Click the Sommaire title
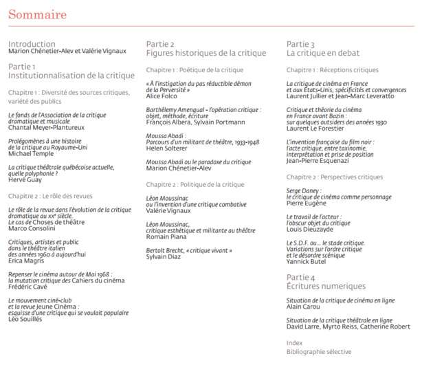click(x=37, y=15)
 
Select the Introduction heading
click(x=32, y=43)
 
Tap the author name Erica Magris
click(x=26, y=261)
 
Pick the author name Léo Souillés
click(x=26, y=319)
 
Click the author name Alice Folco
click(x=162, y=96)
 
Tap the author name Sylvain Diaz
click(x=164, y=256)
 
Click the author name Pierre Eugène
click(x=306, y=204)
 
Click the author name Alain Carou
click(x=304, y=307)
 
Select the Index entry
click(x=294, y=342)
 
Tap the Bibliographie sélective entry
click(x=318, y=351)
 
